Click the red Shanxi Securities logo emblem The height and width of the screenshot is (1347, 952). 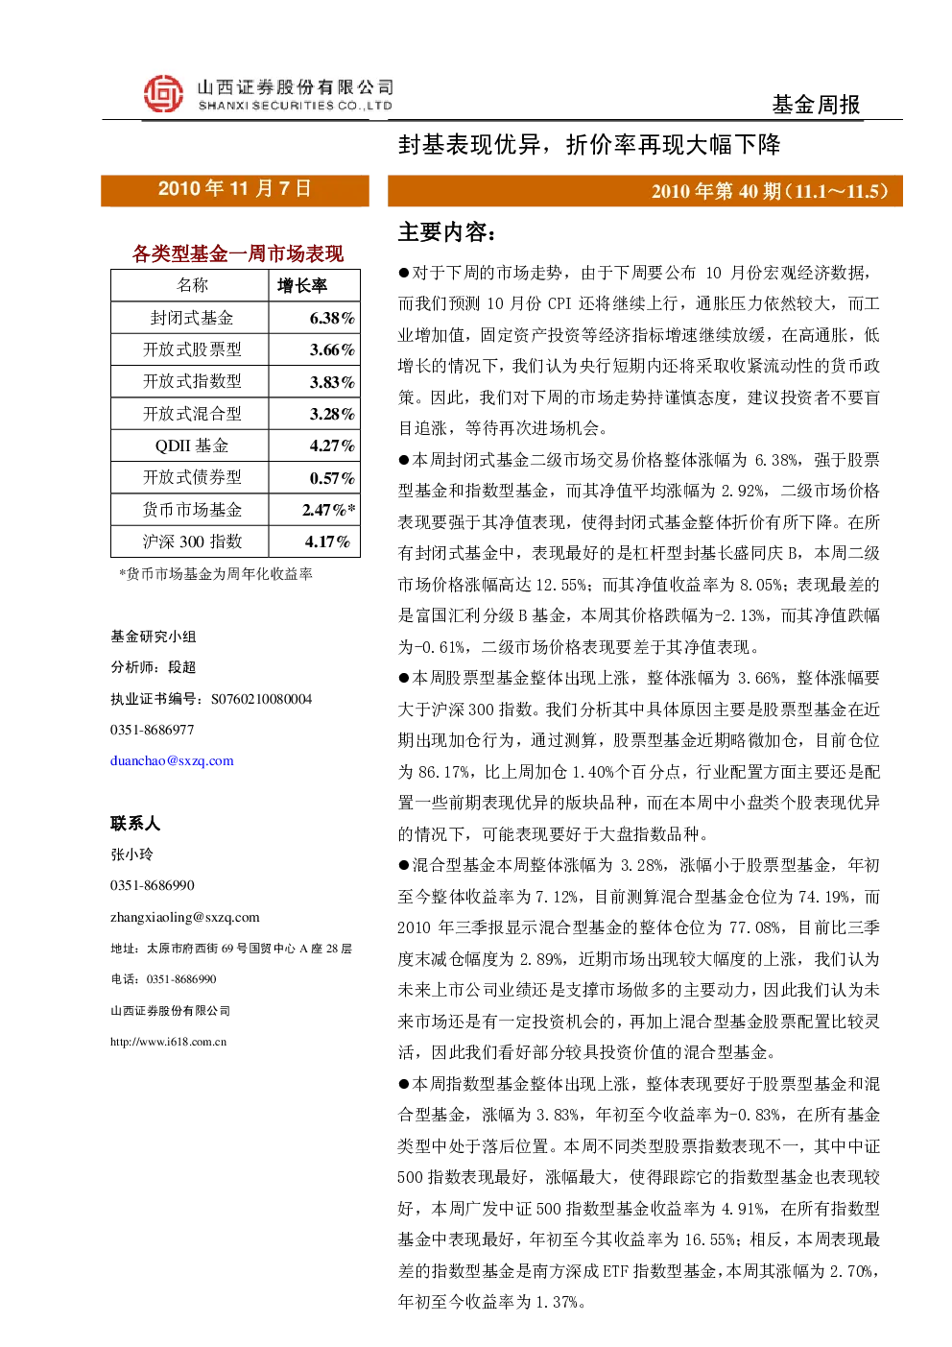tap(163, 93)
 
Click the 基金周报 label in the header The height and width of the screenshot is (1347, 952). tap(816, 105)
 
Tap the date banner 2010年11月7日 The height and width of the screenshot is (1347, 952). tap(234, 189)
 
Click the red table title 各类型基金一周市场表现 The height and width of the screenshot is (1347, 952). tap(238, 253)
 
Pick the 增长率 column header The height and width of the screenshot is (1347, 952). tap(302, 285)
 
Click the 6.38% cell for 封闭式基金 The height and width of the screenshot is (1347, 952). tap(332, 318)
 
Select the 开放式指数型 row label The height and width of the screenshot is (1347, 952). tap(192, 381)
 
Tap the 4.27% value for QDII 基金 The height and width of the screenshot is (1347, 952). tap(332, 445)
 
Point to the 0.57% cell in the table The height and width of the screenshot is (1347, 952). tap(332, 478)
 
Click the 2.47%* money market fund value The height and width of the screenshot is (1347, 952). tap(329, 510)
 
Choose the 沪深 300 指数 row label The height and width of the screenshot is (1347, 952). tap(192, 541)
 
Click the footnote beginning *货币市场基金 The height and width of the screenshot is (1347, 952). tap(215, 574)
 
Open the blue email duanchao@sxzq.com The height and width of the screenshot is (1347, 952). tap(172, 760)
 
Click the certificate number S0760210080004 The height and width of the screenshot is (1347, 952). tap(261, 699)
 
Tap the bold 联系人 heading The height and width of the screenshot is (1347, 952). tap(135, 823)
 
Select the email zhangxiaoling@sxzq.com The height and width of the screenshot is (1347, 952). tap(185, 917)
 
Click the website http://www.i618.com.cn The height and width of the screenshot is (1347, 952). tap(168, 1042)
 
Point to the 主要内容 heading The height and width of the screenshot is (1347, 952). tap(446, 232)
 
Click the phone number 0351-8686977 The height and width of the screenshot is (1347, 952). tap(152, 730)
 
